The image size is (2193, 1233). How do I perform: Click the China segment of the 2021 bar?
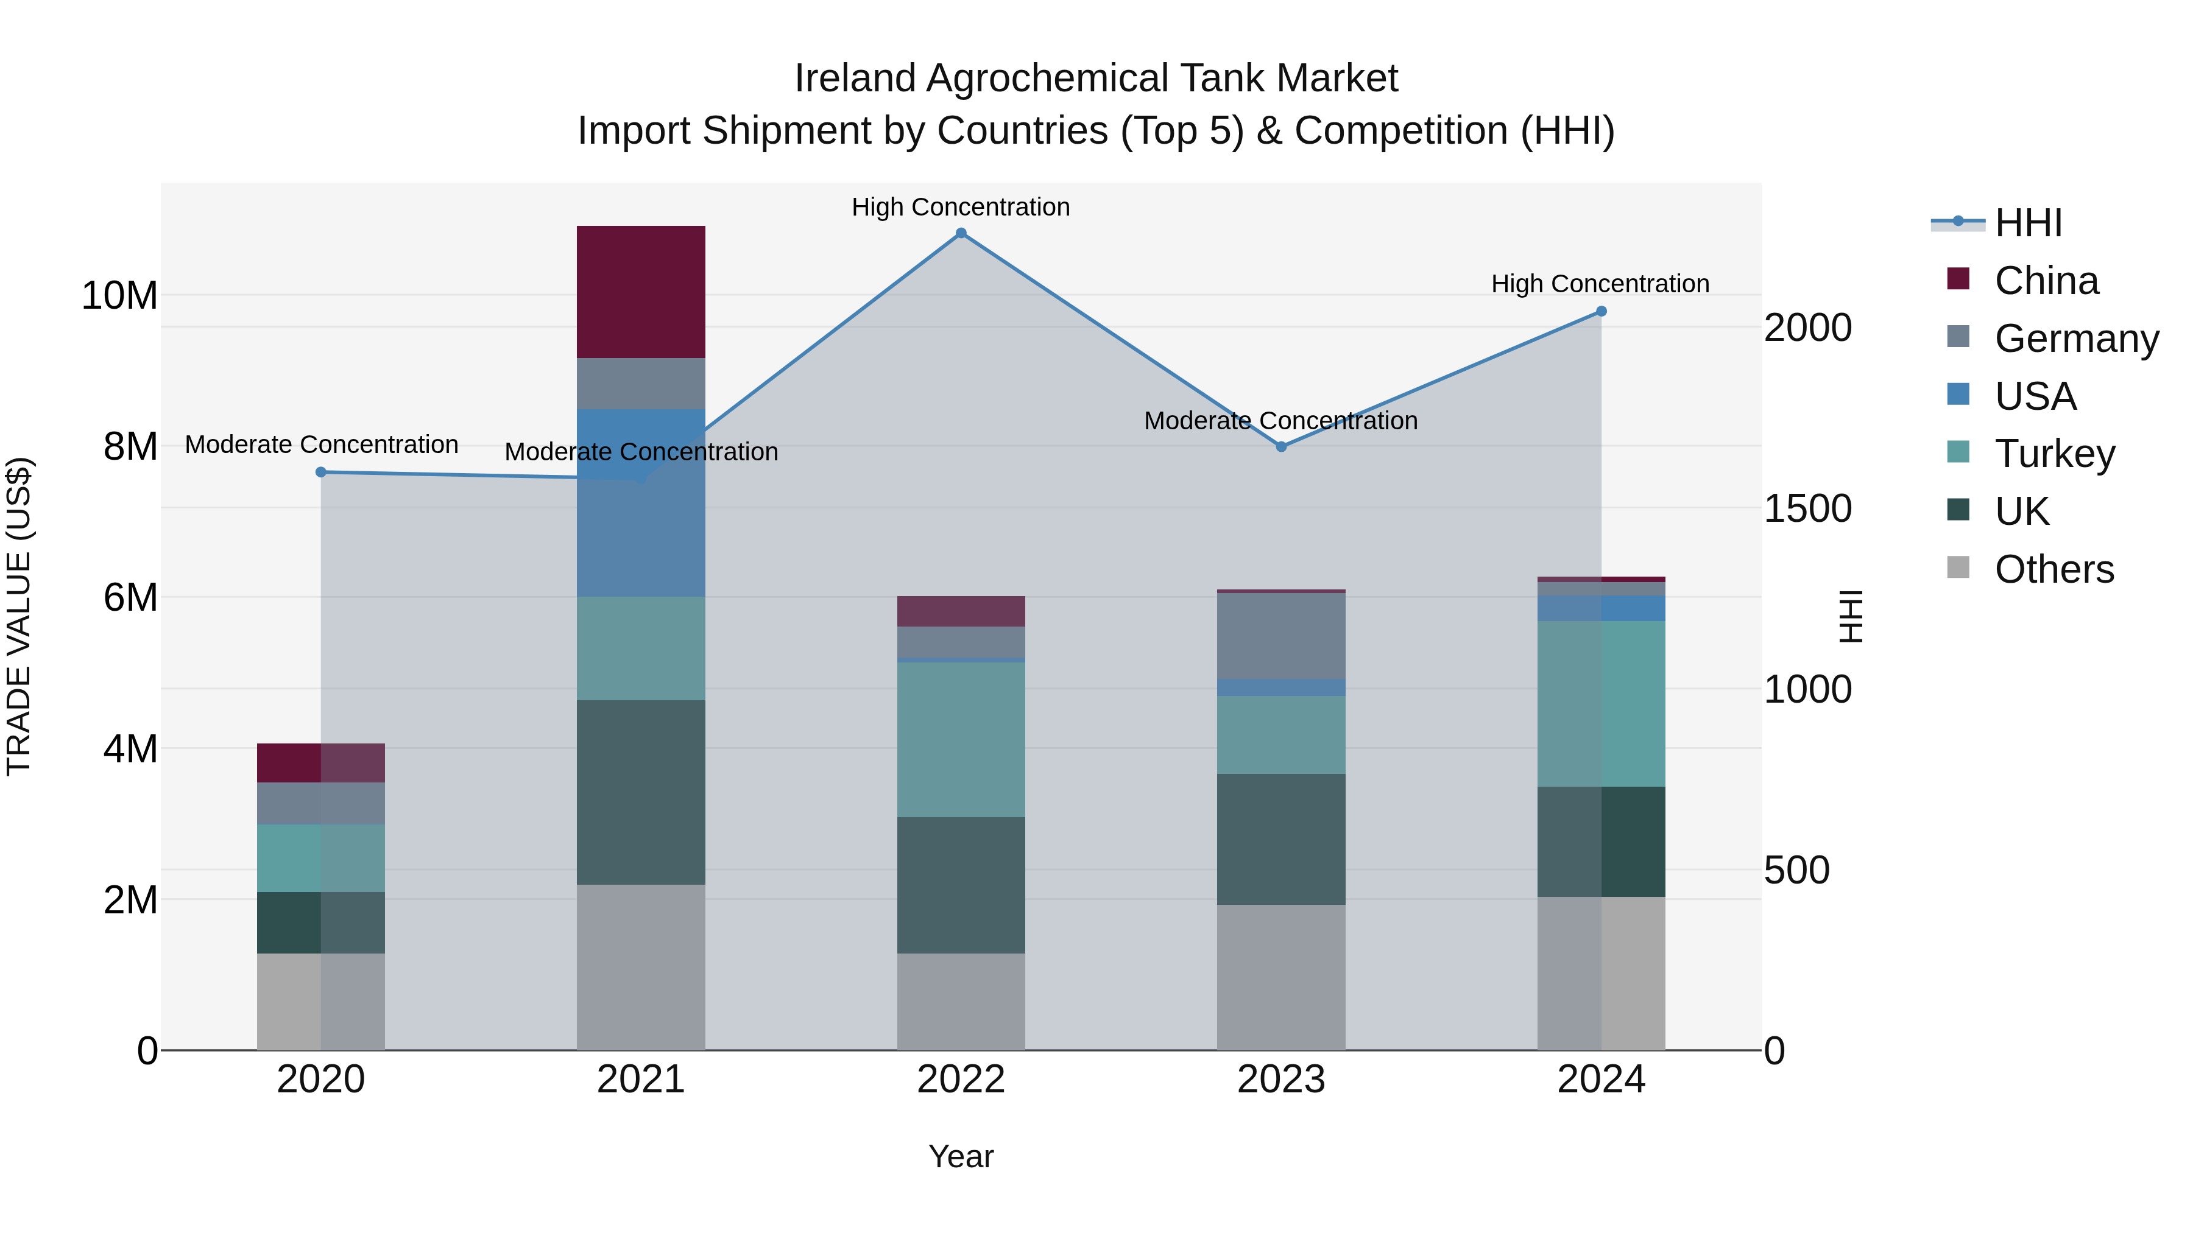point(640,292)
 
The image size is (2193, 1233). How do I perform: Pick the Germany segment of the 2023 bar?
point(1280,636)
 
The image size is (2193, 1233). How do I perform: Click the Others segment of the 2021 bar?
point(640,967)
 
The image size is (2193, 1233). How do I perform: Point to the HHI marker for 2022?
point(961,233)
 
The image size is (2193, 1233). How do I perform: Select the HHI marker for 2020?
point(321,472)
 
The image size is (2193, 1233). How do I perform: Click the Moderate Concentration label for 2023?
point(1280,420)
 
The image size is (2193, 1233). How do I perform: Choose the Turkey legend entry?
point(2054,454)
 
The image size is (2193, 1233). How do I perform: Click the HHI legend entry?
point(2028,223)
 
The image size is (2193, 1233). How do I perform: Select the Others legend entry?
point(2054,569)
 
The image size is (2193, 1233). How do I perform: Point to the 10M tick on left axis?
point(119,296)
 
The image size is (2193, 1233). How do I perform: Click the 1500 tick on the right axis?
point(1807,509)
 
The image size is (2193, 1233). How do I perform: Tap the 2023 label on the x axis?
point(1280,1080)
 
